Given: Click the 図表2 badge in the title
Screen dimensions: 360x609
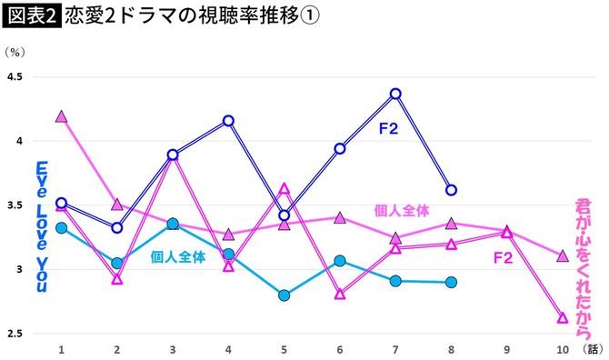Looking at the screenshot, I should pos(31,16).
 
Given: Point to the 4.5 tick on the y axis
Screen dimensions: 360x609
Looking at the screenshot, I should pos(15,77).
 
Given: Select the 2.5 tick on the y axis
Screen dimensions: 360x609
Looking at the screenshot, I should pos(15,334).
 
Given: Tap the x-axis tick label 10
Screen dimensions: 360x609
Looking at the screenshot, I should pos(562,349).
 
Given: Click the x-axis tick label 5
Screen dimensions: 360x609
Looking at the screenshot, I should pos(284,349).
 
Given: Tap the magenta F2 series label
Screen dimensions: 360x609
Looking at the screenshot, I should pos(503,258).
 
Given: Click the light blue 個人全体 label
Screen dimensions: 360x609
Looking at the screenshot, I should pos(178,257).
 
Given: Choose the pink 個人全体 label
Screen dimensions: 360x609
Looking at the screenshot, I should pos(401,210).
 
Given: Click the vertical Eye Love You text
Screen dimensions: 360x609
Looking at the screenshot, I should pos(42,226).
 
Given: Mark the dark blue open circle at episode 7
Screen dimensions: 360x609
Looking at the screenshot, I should pos(395,94).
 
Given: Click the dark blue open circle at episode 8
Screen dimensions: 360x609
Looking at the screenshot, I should pos(451,190).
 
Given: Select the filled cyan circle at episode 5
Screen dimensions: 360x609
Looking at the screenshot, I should pos(284,295).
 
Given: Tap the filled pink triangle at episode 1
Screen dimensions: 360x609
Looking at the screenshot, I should pos(61,116).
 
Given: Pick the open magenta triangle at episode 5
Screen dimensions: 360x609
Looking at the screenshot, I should pos(284,189).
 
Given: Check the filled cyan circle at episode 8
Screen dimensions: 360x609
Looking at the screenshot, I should pos(451,282).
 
